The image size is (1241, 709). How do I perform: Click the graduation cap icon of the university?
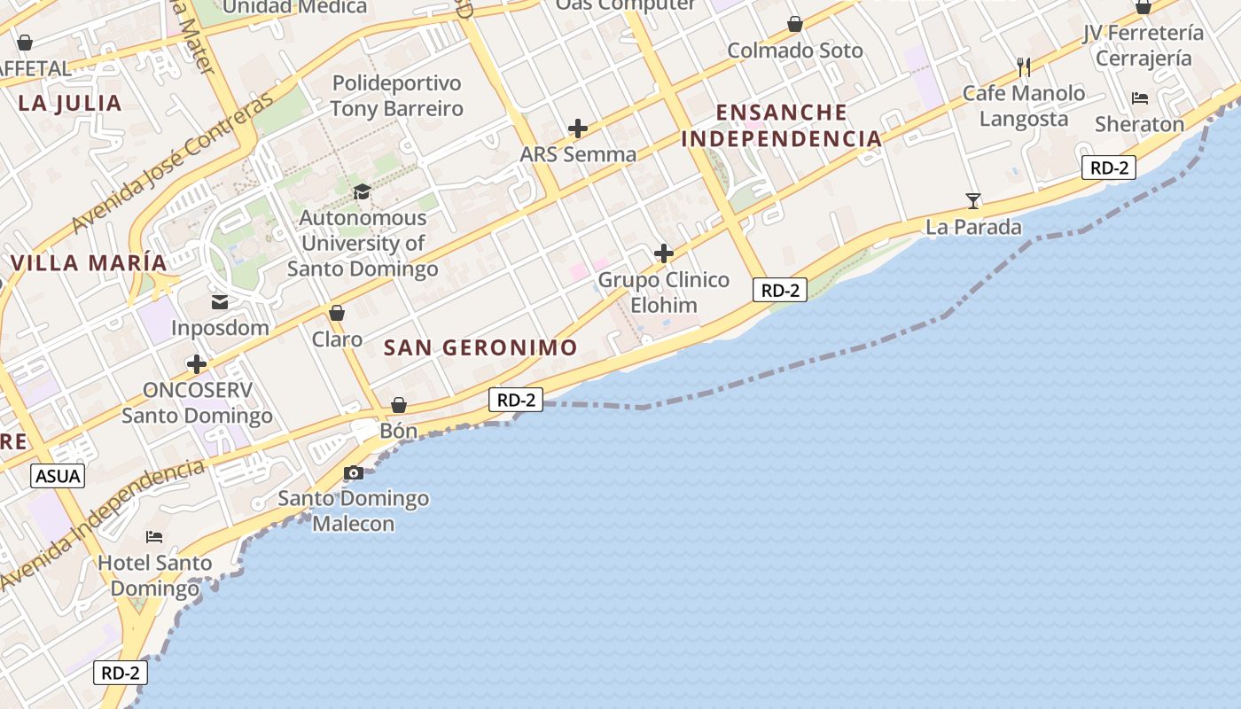tap(362, 191)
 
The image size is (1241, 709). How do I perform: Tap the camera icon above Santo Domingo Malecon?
tap(354, 472)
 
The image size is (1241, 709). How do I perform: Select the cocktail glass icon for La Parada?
tap(973, 201)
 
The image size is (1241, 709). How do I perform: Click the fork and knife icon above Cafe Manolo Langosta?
tap(1024, 66)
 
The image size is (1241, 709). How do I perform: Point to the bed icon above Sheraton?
tap(1140, 98)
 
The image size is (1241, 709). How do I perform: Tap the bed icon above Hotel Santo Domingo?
tap(154, 537)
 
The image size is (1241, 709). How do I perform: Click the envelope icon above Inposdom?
tap(220, 302)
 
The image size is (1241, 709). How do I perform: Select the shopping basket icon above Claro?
tap(337, 313)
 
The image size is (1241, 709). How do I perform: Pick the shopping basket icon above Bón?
tap(399, 405)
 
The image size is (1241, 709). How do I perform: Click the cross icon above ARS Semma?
tap(578, 129)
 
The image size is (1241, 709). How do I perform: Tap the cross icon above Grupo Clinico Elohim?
tap(664, 254)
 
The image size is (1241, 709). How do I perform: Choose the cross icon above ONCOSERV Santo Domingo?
tap(197, 364)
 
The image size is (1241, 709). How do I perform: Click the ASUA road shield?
tap(59, 476)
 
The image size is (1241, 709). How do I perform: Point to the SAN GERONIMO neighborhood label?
tap(480, 347)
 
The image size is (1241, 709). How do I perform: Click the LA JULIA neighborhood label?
tap(70, 103)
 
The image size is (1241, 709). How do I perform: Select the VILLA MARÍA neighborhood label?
tap(89, 263)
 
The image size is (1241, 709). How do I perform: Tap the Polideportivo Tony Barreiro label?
tap(397, 96)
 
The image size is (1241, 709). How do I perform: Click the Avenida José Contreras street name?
tap(174, 165)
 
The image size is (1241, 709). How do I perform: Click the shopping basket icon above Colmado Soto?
tap(795, 24)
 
